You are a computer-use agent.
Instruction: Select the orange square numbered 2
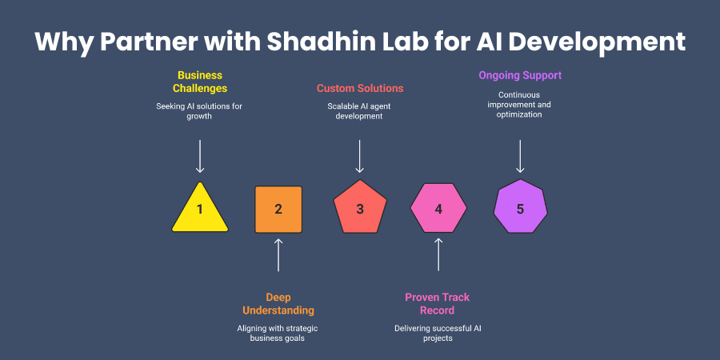pos(278,210)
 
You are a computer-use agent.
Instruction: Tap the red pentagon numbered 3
pos(360,210)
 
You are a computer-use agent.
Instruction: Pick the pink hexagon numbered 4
pos(438,210)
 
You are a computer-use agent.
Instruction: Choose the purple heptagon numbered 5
pos(520,209)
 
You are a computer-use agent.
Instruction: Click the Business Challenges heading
pos(200,82)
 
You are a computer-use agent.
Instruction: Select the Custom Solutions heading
pos(360,88)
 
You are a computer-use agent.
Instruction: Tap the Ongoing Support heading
pos(520,76)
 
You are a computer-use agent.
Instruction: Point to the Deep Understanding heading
pos(278,303)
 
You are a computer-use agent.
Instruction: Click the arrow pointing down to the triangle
pos(200,156)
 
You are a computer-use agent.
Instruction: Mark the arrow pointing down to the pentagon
pos(360,156)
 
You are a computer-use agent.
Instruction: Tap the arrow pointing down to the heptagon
pos(520,156)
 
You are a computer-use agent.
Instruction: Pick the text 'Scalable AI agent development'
pos(360,110)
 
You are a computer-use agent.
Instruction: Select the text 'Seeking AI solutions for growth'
pos(200,110)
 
